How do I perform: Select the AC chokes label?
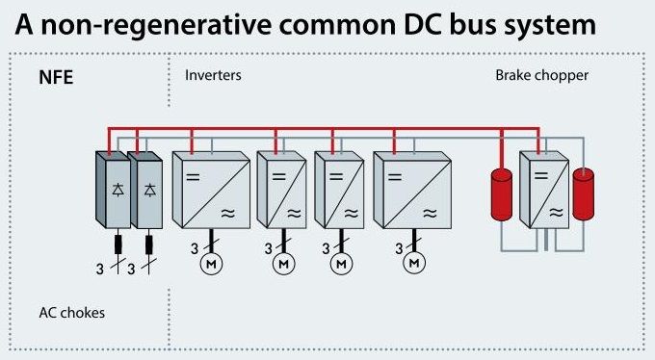click(71, 313)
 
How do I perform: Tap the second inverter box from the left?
click(280, 189)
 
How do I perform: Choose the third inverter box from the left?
click(338, 189)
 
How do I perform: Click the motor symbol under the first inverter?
click(208, 263)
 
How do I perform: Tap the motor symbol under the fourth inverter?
click(414, 263)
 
